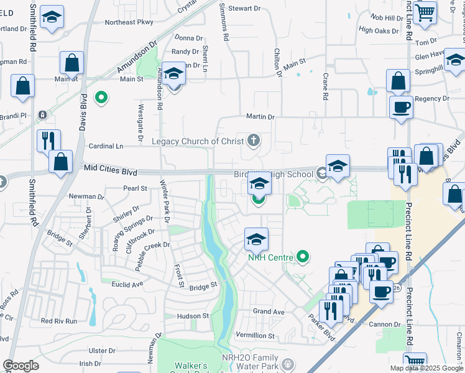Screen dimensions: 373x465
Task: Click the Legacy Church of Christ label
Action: pos(198,141)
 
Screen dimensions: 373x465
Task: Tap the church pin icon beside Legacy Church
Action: pos(253,140)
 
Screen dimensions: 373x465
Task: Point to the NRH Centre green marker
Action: pos(303,256)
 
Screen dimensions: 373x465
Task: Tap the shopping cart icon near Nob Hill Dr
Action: pos(425,12)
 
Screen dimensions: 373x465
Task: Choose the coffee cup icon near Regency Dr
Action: pos(401,107)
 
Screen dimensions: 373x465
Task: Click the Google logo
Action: pos(21,366)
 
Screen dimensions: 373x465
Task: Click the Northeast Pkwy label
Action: pos(129,22)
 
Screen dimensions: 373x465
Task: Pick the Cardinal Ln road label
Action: pos(107,146)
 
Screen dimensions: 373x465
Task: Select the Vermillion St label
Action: pos(256,334)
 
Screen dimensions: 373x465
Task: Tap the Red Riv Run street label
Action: pos(59,321)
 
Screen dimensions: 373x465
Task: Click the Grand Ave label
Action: pos(269,311)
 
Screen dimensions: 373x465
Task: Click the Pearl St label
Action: pos(135,187)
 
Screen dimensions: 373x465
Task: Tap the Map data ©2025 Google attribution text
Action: pos(426,368)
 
